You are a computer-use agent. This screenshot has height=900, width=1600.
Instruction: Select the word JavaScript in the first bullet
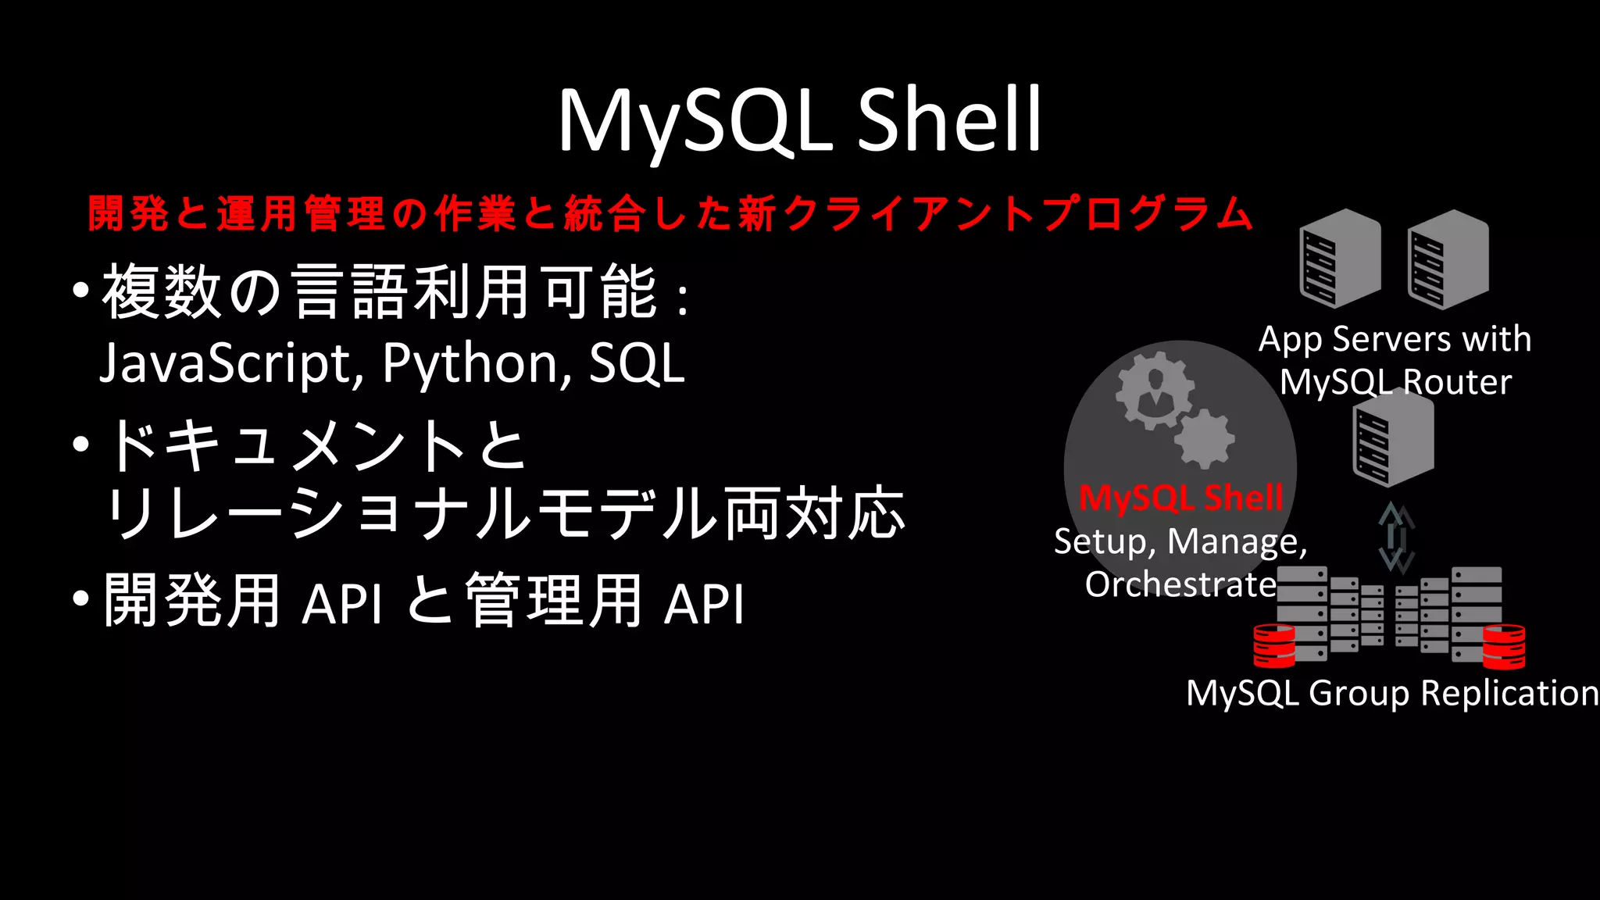pyautogui.click(x=226, y=364)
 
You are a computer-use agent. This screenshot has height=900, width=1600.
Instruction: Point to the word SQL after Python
pyautogui.click(x=637, y=364)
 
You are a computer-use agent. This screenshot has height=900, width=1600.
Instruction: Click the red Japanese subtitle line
pyautogui.click(x=670, y=213)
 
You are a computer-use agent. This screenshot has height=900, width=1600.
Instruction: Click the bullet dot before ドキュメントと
pyautogui.click(x=80, y=445)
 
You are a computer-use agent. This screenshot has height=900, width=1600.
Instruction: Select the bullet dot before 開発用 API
pyautogui.click(x=80, y=599)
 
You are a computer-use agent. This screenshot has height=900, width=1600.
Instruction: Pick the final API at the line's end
pyautogui.click(x=704, y=603)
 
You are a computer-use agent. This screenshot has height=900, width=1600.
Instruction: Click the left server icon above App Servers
pyautogui.click(x=1340, y=259)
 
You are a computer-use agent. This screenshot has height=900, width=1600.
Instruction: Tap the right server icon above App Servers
pyautogui.click(x=1448, y=259)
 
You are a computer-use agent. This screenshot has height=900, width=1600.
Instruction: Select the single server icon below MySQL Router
pyautogui.click(x=1393, y=438)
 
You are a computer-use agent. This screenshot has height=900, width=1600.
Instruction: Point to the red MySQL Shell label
pyautogui.click(x=1180, y=498)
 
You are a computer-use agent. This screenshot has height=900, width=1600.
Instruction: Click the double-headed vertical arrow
pyautogui.click(x=1396, y=537)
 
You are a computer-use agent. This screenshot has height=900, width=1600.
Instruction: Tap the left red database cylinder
pyautogui.click(x=1273, y=645)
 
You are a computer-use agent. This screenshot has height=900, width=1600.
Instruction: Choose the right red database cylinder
pyautogui.click(x=1504, y=646)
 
